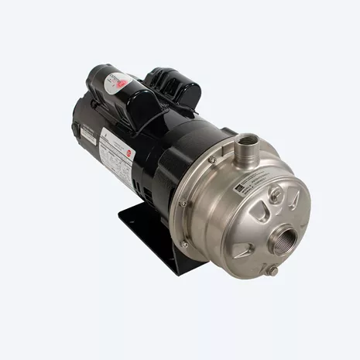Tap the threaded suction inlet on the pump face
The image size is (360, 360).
point(286,233)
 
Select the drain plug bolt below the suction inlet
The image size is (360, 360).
point(272,270)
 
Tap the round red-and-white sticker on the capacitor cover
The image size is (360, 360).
point(117,81)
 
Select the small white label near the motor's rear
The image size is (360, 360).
point(86,136)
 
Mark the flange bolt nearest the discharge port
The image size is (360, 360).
point(211,159)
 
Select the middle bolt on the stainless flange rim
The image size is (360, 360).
point(183,204)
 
